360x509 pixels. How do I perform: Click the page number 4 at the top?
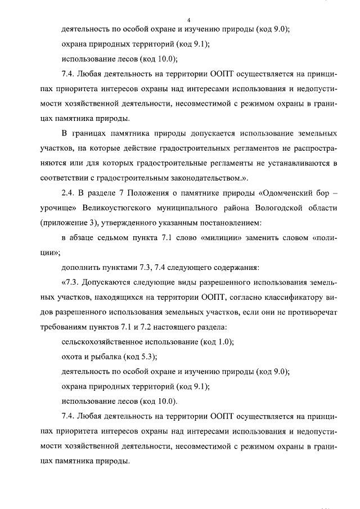[x=181, y=20]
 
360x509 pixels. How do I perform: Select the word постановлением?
[x=226, y=223]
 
